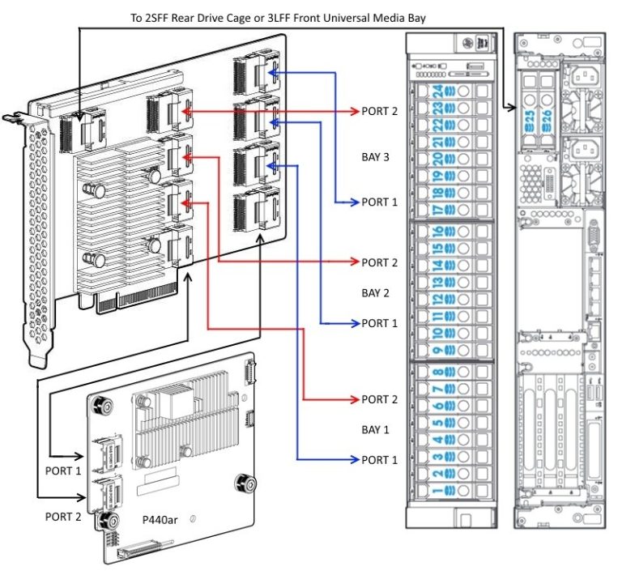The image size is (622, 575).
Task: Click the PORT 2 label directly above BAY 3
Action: click(x=379, y=111)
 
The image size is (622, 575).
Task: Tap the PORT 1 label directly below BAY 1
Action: click(x=379, y=460)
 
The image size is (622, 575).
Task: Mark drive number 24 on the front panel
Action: click(x=438, y=91)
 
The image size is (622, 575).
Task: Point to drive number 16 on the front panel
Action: click(x=438, y=231)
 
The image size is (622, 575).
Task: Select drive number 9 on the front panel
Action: click(x=438, y=351)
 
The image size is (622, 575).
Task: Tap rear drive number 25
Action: click(x=530, y=120)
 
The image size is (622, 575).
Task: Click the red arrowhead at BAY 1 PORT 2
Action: click(x=354, y=399)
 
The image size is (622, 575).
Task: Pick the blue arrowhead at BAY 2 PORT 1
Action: click(x=354, y=323)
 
